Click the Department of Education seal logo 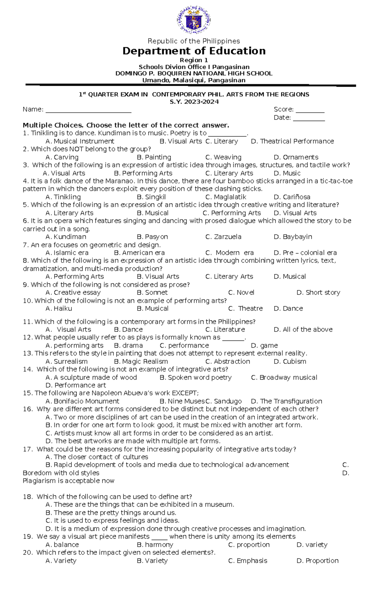(194, 20)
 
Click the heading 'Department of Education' (194, 51)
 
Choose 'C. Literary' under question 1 (222, 141)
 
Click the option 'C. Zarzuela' (223, 237)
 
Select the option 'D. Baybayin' (293, 237)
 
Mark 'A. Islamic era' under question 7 (67, 253)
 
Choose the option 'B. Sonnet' (152, 293)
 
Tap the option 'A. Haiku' (59, 308)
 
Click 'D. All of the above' (303, 330)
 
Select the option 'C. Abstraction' (228, 362)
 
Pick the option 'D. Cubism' (290, 362)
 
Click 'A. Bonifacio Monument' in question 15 (82, 401)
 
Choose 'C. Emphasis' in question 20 (248, 561)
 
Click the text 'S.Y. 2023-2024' (194, 102)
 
